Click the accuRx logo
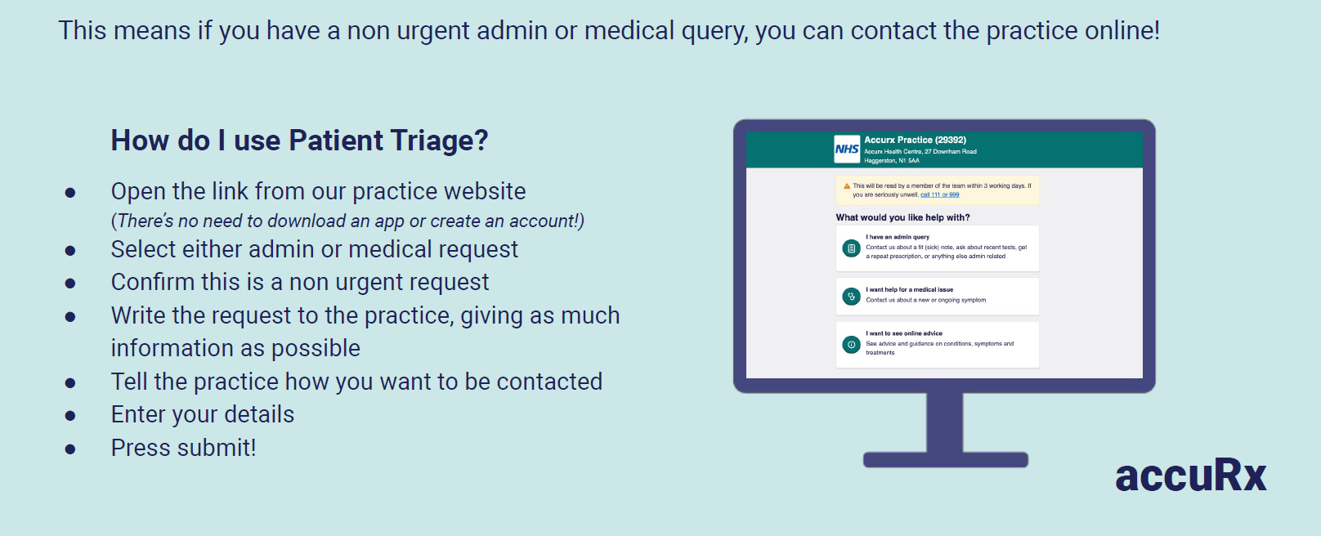pyautogui.click(x=1191, y=476)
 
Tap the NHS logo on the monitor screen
pyautogui.click(x=847, y=150)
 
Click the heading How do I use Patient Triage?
pyautogui.click(x=299, y=141)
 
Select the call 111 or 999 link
pyautogui.click(x=939, y=194)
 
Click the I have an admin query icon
pyautogui.click(x=851, y=248)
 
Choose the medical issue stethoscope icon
pyautogui.click(x=851, y=296)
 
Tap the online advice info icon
pyautogui.click(x=851, y=344)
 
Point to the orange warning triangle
pyautogui.click(x=847, y=186)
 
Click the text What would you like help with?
pyautogui.click(x=903, y=217)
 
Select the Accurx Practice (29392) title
pyautogui.click(x=916, y=140)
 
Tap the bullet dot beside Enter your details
pyautogui.click(x=70, y=417)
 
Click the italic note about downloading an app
pyautogui.click(x=347, y=221)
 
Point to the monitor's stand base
pyautogui.click(x=945, y=460)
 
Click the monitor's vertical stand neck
pyautogui.click(x=945, y=422)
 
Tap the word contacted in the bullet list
pyautogui.click(x=549, y=382)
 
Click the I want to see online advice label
pyautogui.click(x=904, y=333)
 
